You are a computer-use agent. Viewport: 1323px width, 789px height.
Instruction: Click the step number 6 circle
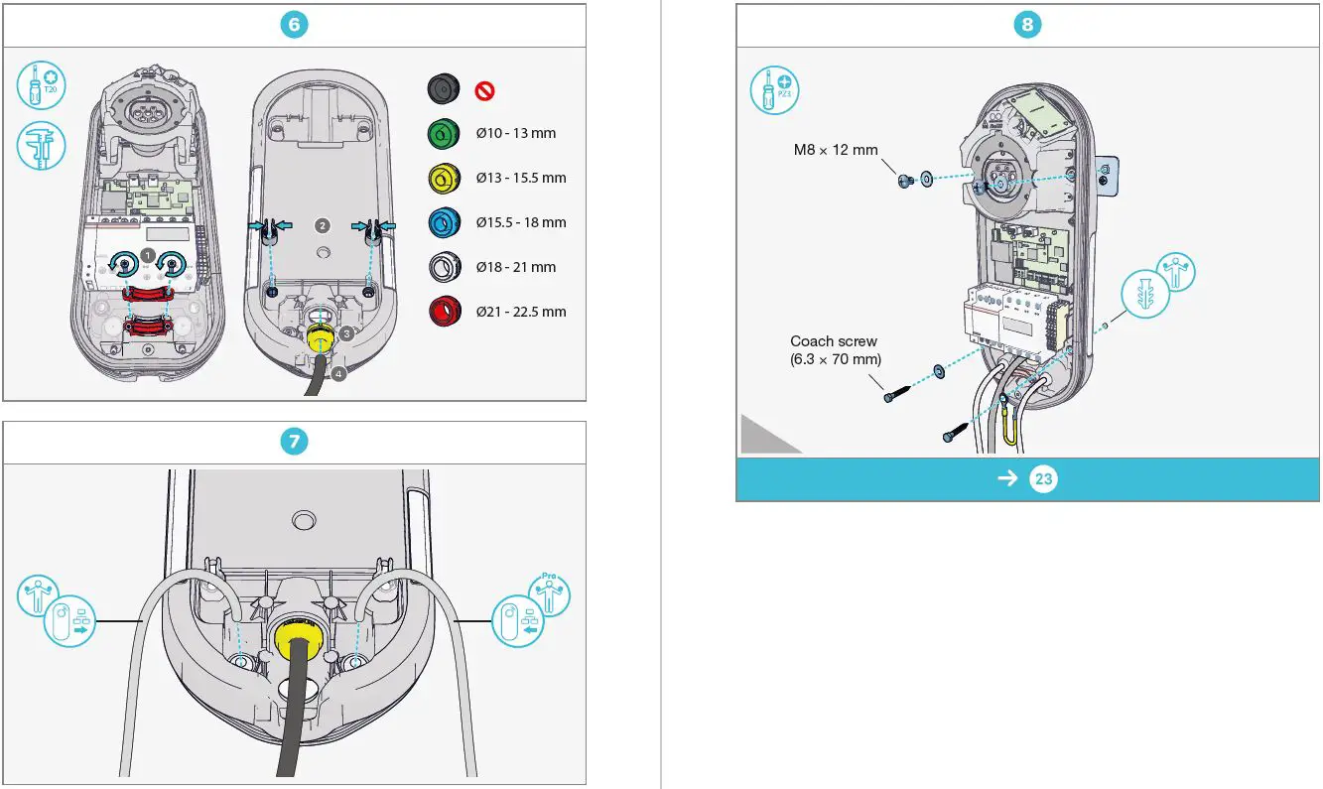pyautogui.click(x=294, y=26)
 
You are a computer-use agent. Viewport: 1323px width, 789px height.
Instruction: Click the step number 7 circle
pyautogui.click(x=294, y=443)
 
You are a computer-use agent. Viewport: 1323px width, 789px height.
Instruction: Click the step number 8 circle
pyautogui.click(x=1027, y=26)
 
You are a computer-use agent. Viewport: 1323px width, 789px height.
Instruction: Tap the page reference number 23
pyautogui.click(x=1043, y=479)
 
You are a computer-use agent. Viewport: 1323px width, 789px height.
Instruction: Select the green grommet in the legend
pyautogui.click(x=443, y=133)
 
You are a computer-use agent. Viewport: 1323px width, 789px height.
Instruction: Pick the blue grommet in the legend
pyautogui.click(x=443, y=222)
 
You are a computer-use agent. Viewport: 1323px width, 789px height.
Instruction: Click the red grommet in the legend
pyautogui.click(x=443, y=312)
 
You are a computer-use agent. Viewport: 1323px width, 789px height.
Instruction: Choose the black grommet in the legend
pyautogui.click(x=443, y=88)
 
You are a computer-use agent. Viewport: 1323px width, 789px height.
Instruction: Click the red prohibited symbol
pyautogui.click(x=485, y=90)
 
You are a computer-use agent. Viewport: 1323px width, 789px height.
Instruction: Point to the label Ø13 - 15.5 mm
pyautogui.click(x=520, y=178)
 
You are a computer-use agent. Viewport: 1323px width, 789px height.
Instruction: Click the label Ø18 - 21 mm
pyautogui.click(x=515, y=267)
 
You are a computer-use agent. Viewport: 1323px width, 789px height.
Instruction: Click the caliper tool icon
pyautogui.click(x=42, y=145)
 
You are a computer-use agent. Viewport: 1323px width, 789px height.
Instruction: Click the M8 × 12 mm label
pyautogui.click(x=835, y=150)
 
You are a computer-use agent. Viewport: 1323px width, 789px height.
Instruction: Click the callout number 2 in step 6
pyautogui.click(x=322, y=225)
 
